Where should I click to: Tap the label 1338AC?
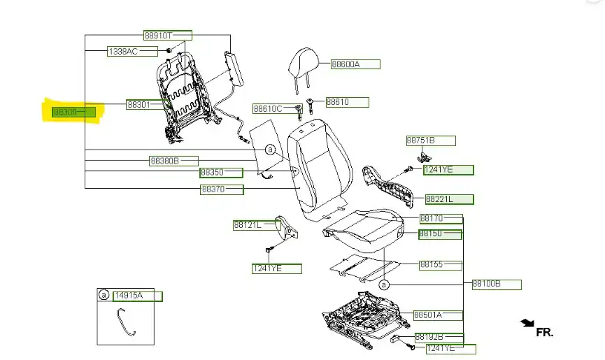point(122,52)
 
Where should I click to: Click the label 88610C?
point(268,109)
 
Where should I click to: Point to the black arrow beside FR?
point(527,323)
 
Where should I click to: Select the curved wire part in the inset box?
point(124,324)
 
